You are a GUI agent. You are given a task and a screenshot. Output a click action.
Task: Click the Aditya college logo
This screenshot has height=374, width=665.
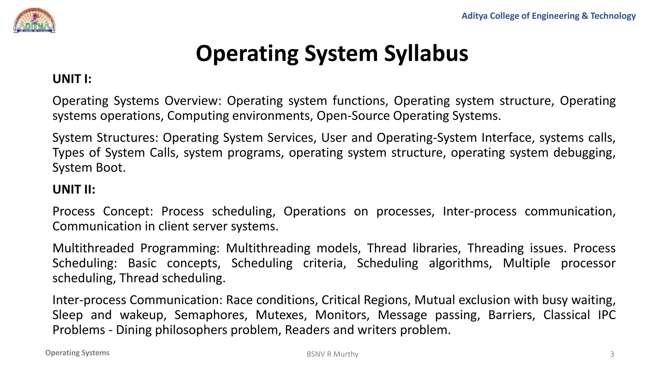34,20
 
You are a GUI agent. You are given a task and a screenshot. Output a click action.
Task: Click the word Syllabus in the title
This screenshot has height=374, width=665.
426,53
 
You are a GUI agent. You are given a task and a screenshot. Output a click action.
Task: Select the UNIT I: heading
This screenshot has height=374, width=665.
72,79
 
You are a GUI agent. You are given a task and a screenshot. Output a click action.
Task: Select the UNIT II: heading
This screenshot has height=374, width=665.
74,189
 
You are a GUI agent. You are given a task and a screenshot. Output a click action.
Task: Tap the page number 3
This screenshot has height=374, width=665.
612,354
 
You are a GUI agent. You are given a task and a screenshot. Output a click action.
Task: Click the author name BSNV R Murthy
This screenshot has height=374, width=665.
332,354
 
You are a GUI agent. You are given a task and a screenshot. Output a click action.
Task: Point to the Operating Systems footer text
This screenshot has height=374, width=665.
77,353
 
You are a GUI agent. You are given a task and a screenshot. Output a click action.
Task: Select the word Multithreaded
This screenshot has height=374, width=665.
93,248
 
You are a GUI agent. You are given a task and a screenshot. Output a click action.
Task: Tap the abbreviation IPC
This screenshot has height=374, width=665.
607,315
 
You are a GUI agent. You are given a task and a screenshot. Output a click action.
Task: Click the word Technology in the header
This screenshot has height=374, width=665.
613,16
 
